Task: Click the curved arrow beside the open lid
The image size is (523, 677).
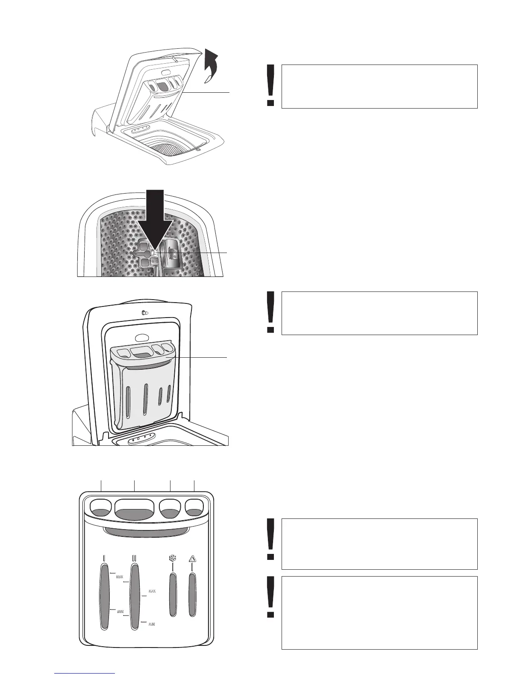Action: coord(211,64)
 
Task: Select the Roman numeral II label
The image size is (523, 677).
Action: coord(135,558)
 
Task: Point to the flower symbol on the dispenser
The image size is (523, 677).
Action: coord(172,558)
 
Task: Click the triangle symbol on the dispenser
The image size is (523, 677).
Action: coord(192,558)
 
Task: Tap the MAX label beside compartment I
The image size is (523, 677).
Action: coord(120,577)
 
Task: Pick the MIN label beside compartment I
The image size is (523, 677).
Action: coord(120,612)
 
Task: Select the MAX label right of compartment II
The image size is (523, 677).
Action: coord(152,592)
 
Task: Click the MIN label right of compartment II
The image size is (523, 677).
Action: coord(152,624)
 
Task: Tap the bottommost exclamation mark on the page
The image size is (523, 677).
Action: coord(270,597)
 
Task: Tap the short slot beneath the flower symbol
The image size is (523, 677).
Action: coord(173,594)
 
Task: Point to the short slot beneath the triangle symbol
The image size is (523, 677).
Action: coord(192,594)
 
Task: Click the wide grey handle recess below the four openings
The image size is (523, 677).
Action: coord(146,531)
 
